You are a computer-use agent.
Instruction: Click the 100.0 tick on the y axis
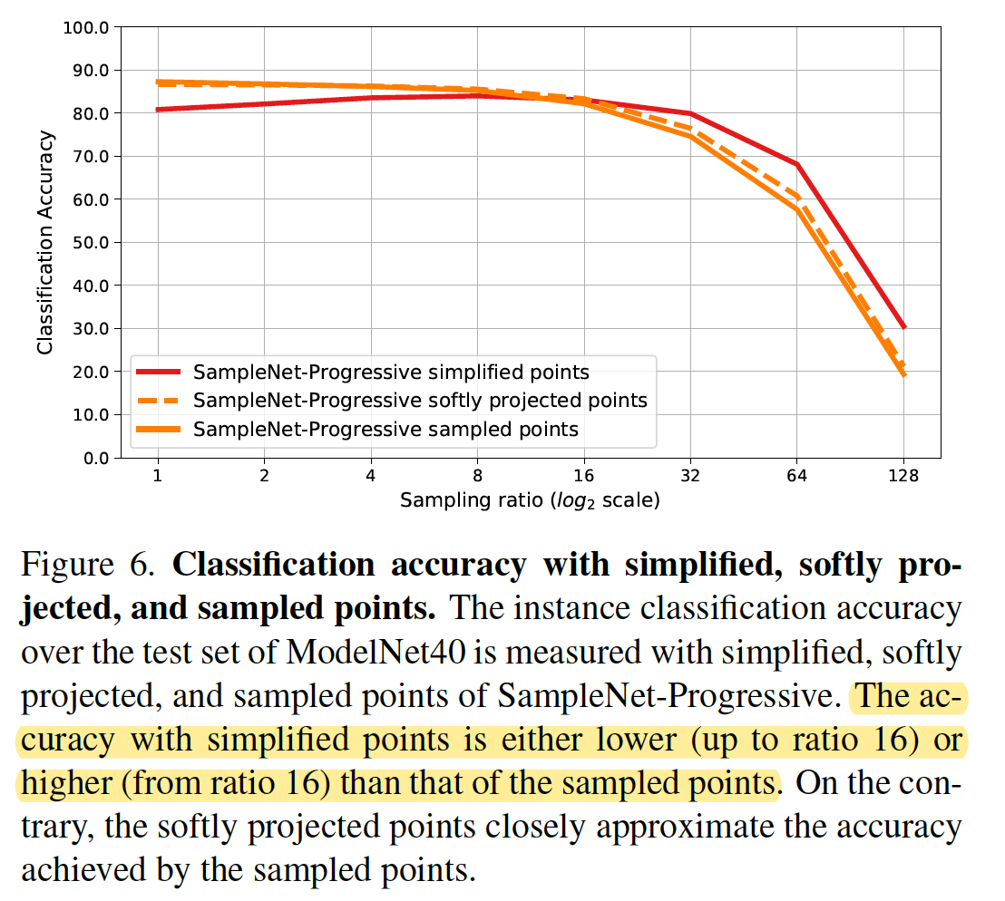coord(86,27)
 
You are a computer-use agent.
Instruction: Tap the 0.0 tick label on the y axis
coord(93,458)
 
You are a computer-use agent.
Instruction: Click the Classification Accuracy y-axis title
coord(44,243)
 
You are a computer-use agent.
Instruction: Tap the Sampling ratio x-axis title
coord(530,499)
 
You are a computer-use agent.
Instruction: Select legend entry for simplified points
coord(391,372)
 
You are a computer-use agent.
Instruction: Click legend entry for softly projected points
coord(420,400)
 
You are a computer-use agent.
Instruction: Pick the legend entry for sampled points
coord(385,429)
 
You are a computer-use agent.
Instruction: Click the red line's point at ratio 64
coord(796,164)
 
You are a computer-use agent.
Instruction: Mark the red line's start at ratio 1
coord(158,110)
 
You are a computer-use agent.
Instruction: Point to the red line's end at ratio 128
coord(903,327)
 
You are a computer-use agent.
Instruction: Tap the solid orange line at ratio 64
coord(796,209)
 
